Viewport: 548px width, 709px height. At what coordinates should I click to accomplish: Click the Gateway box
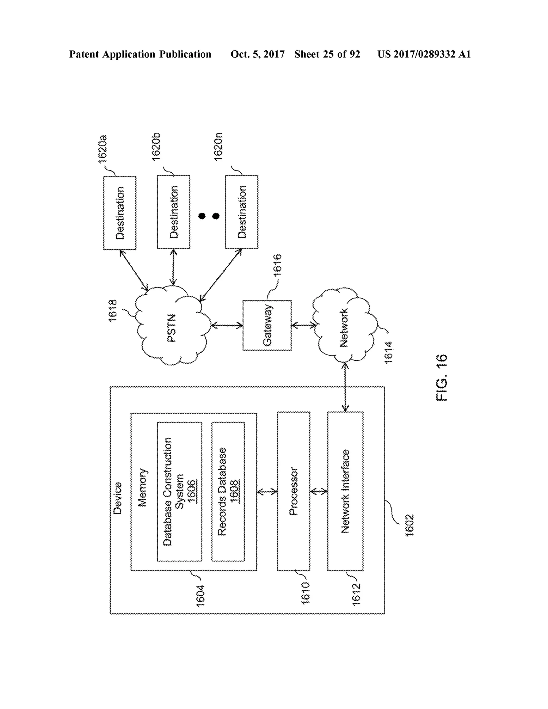[x=267, y=325]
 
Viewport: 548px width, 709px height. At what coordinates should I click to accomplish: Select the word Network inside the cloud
[x=344, y=327]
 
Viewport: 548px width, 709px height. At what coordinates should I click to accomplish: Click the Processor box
[x=294, y=491]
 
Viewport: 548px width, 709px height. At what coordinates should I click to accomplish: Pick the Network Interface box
[x=345, y=491]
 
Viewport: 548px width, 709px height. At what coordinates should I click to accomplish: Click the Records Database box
[x=228, y=491]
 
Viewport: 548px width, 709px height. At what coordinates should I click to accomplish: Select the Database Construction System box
[x=179, y=491]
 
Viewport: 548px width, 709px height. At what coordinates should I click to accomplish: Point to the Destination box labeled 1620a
[x=119, y=213]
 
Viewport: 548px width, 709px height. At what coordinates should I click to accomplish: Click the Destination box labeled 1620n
[x=242, y=212]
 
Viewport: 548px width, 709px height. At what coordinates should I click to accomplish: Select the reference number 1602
[x=409, y=525]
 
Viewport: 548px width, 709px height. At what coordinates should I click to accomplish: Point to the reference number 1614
[x=388, y=352]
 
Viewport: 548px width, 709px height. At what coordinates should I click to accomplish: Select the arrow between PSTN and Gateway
[x=227, y=325]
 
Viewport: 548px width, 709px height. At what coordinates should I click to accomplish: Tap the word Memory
[x=142, y=487]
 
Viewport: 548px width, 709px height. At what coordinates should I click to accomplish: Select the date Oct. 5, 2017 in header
[x=257, y=54]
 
